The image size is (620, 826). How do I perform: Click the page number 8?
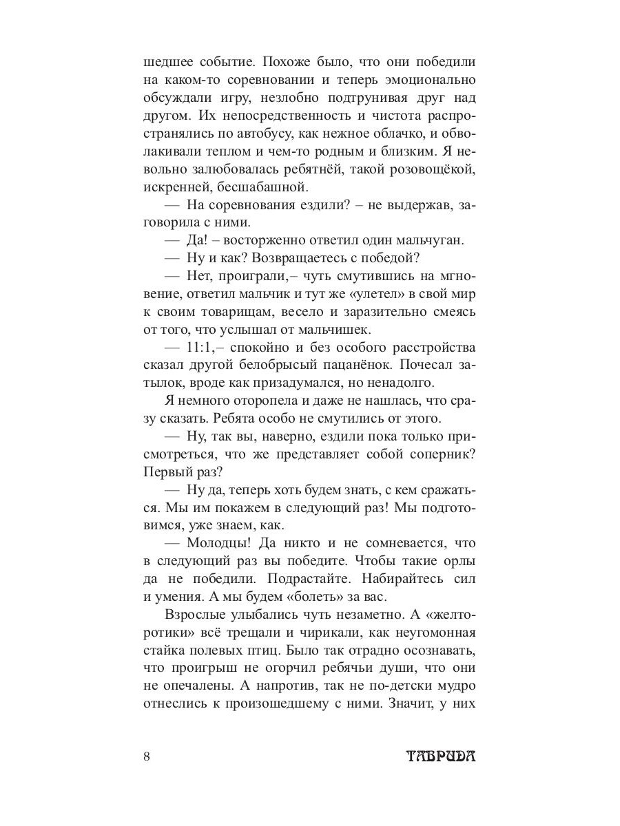pyautogui.click(x=147, y=756)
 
